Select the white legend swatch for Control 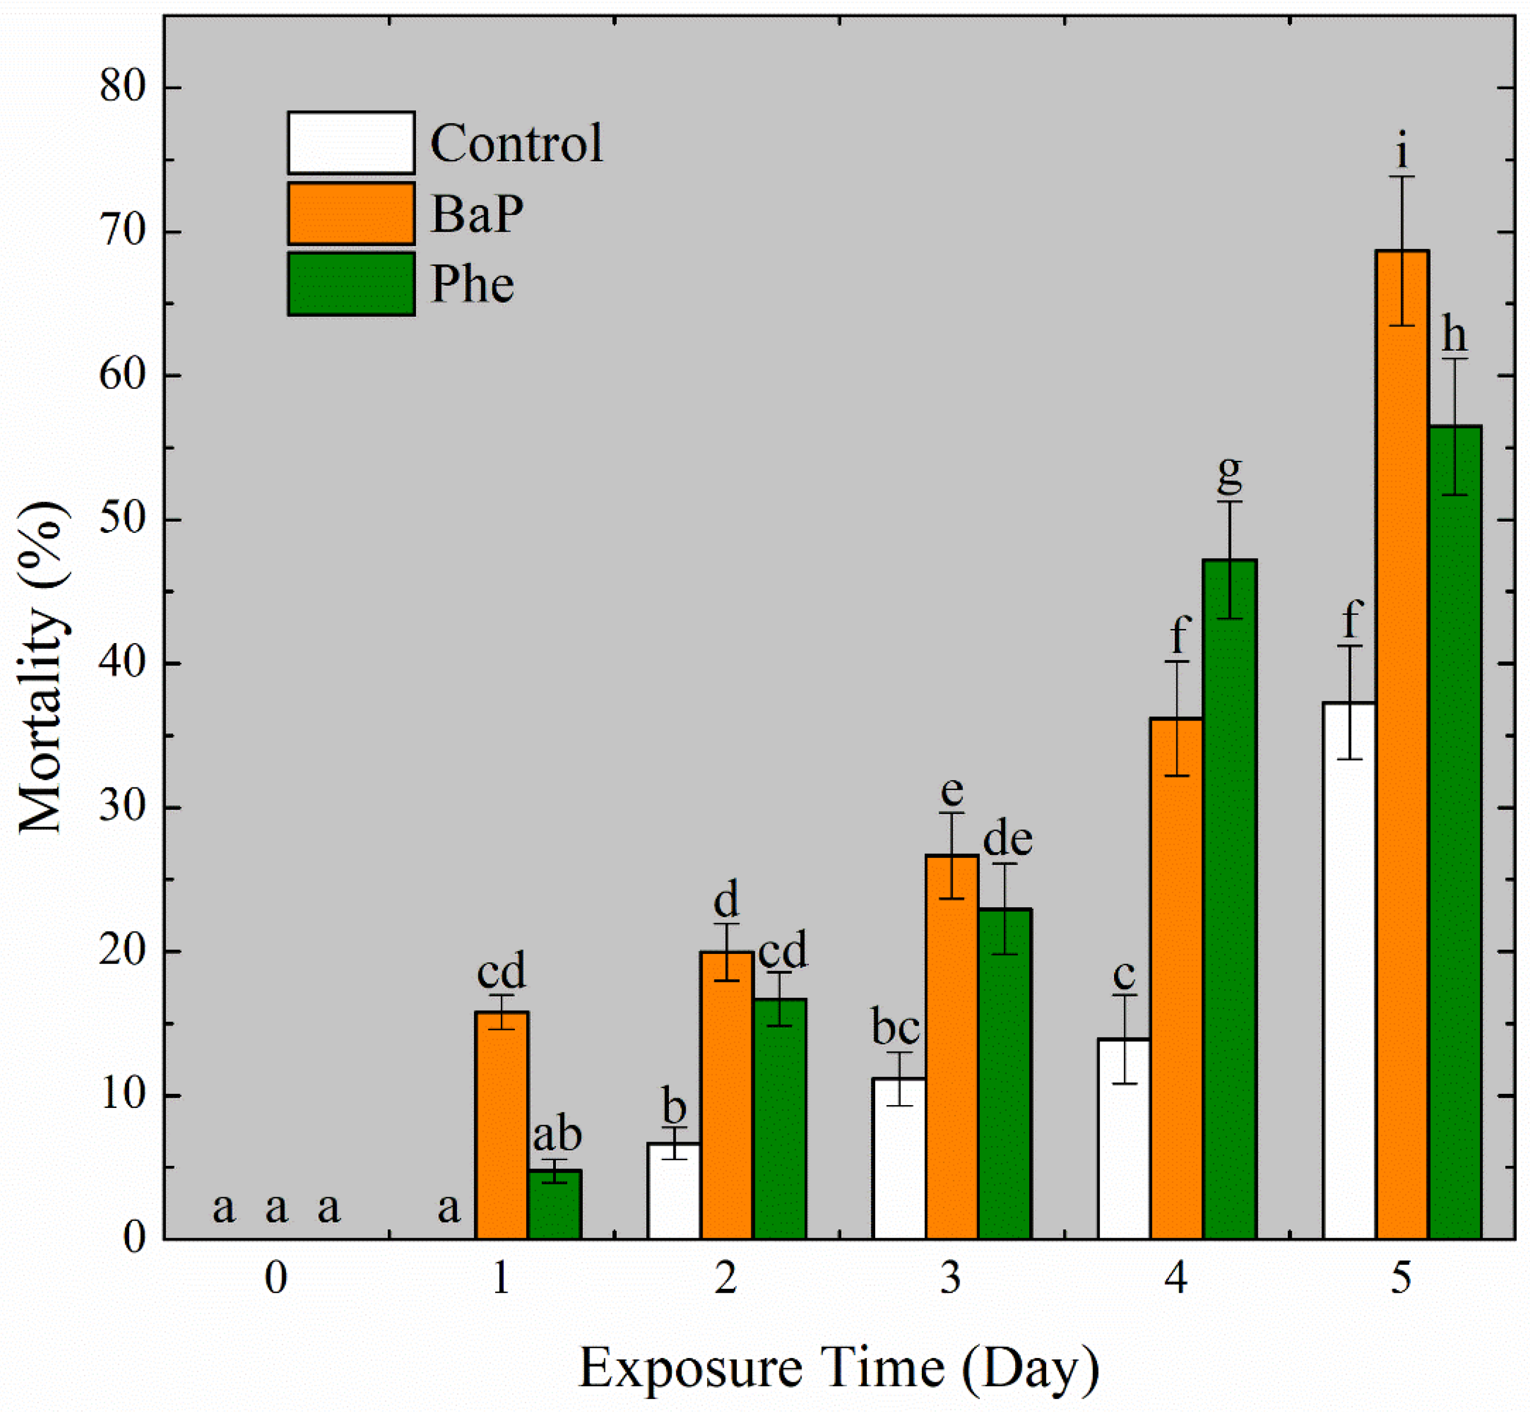[351, 143]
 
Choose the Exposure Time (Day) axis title [839, 1367]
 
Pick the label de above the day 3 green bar [1007, 839]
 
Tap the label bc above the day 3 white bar [895, 1028]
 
